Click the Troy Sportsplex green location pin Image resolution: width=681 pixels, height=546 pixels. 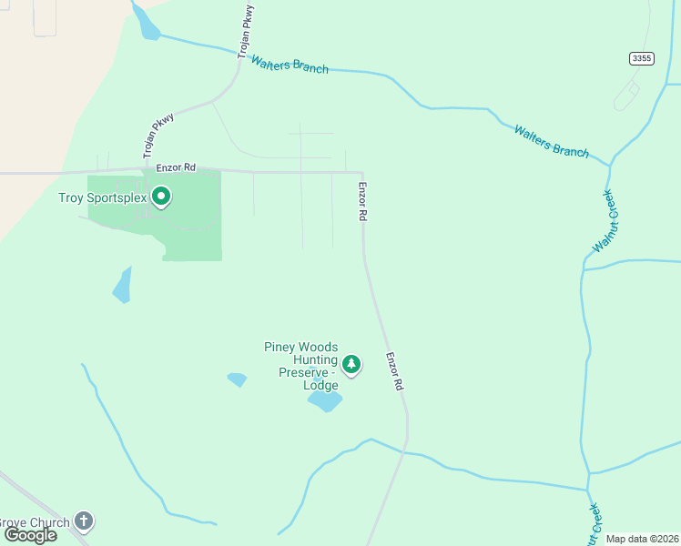tap(161, 196)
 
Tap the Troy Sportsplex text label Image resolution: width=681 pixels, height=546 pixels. tap(103, 197)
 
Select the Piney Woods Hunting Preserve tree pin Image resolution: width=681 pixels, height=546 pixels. tap(351, 364)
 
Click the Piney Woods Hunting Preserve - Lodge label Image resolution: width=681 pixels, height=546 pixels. tap(301, 366)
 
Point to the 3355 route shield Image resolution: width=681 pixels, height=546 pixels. tap(641, 58)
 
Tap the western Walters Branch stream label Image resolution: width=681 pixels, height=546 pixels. tap(290, 65)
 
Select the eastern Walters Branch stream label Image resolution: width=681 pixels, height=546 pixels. tap(551, 141)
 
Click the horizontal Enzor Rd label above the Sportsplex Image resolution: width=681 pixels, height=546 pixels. tap(176, 167)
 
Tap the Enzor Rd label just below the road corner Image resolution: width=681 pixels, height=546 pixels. tap(362, 202)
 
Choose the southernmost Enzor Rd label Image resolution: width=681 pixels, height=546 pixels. tap(393, 371)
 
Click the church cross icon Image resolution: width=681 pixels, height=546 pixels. tap(84, 521)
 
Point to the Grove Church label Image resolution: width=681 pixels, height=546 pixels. tap(35, 522)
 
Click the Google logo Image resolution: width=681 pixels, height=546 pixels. tap(30, 535)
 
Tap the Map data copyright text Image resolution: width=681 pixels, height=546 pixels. tap(643, 539)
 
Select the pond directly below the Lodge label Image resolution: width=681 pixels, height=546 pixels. tap(324, 400)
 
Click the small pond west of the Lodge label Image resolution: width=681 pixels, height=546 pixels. tap(238, 379)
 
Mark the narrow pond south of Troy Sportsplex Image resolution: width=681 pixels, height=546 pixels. tap(122, 285)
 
